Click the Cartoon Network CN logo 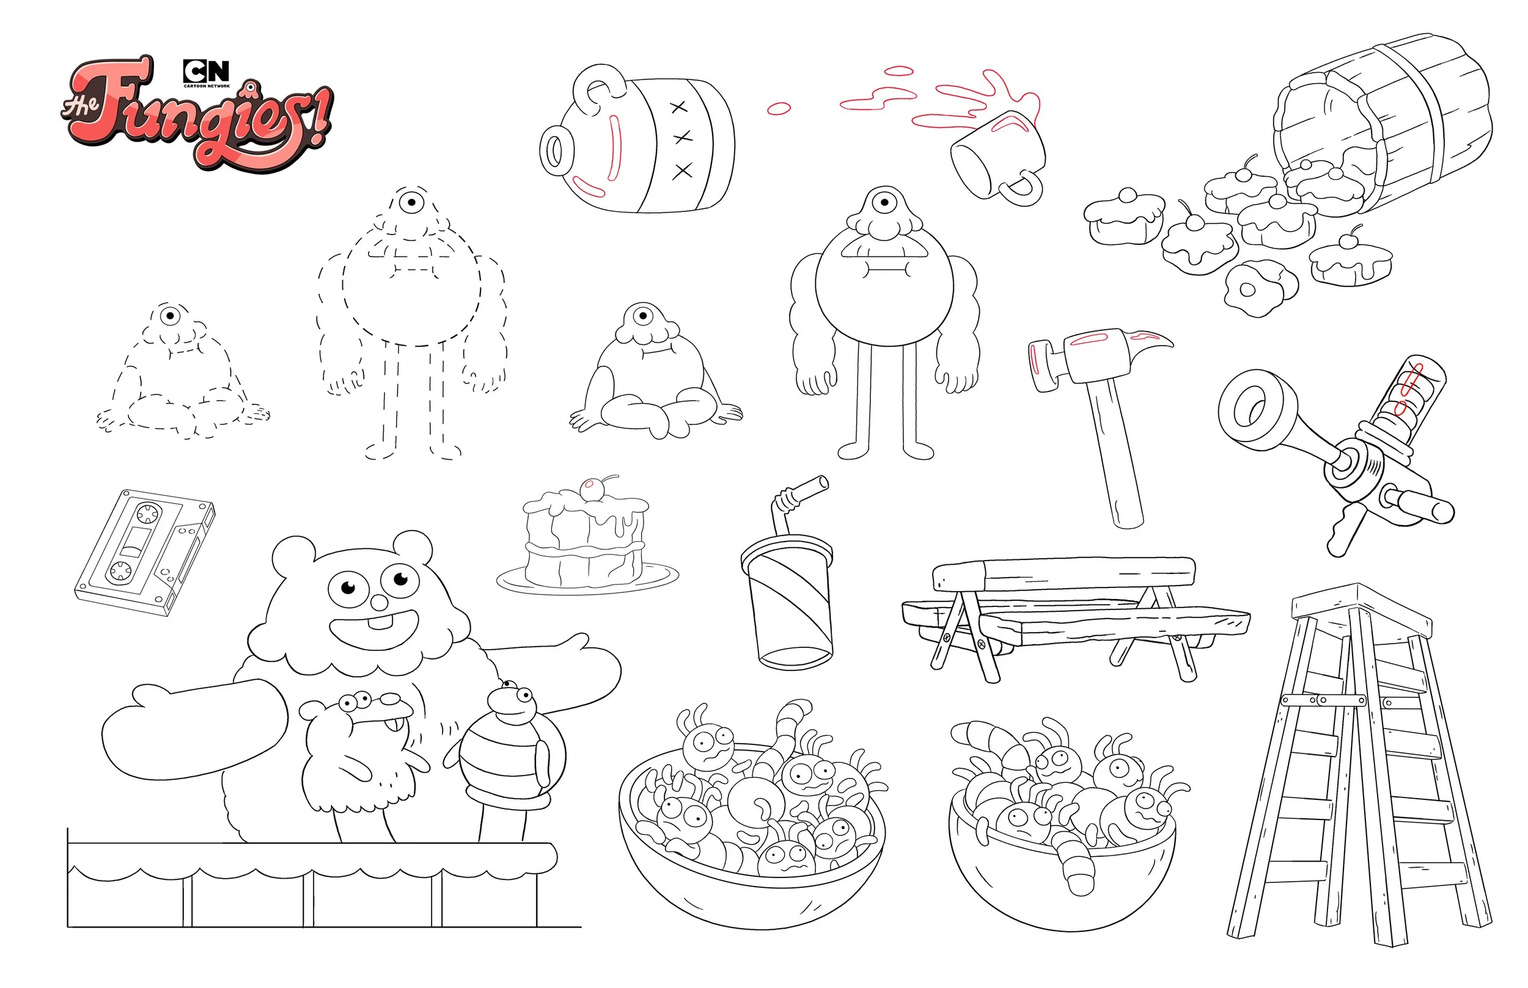[205, 71]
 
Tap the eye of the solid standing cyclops [884, 203]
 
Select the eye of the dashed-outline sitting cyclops [170, 316]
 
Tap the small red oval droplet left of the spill [779, 109]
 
